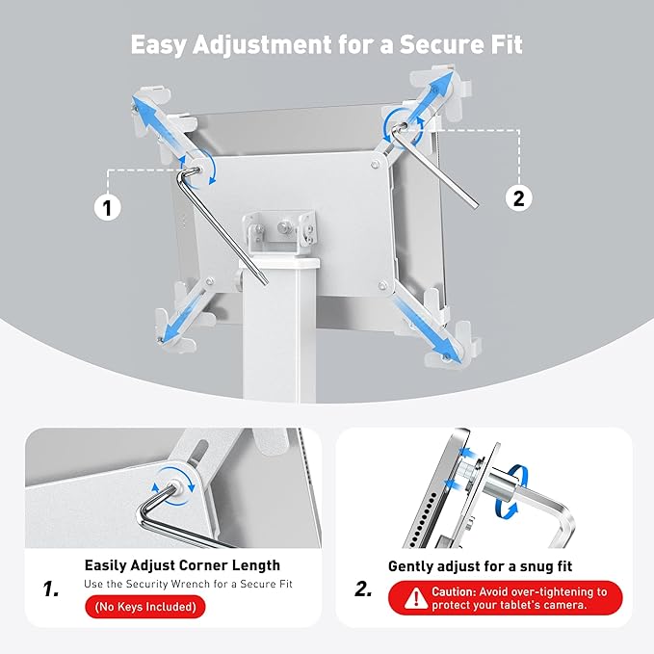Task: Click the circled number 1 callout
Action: coord(108,205)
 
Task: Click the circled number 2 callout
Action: coord(518,198)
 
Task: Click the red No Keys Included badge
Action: coord(144,607)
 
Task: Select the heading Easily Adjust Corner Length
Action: coord(182,565)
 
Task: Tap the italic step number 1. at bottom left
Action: coord(50,588)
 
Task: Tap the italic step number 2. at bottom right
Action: coord(363,589)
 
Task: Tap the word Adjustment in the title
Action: coord(258,45)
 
